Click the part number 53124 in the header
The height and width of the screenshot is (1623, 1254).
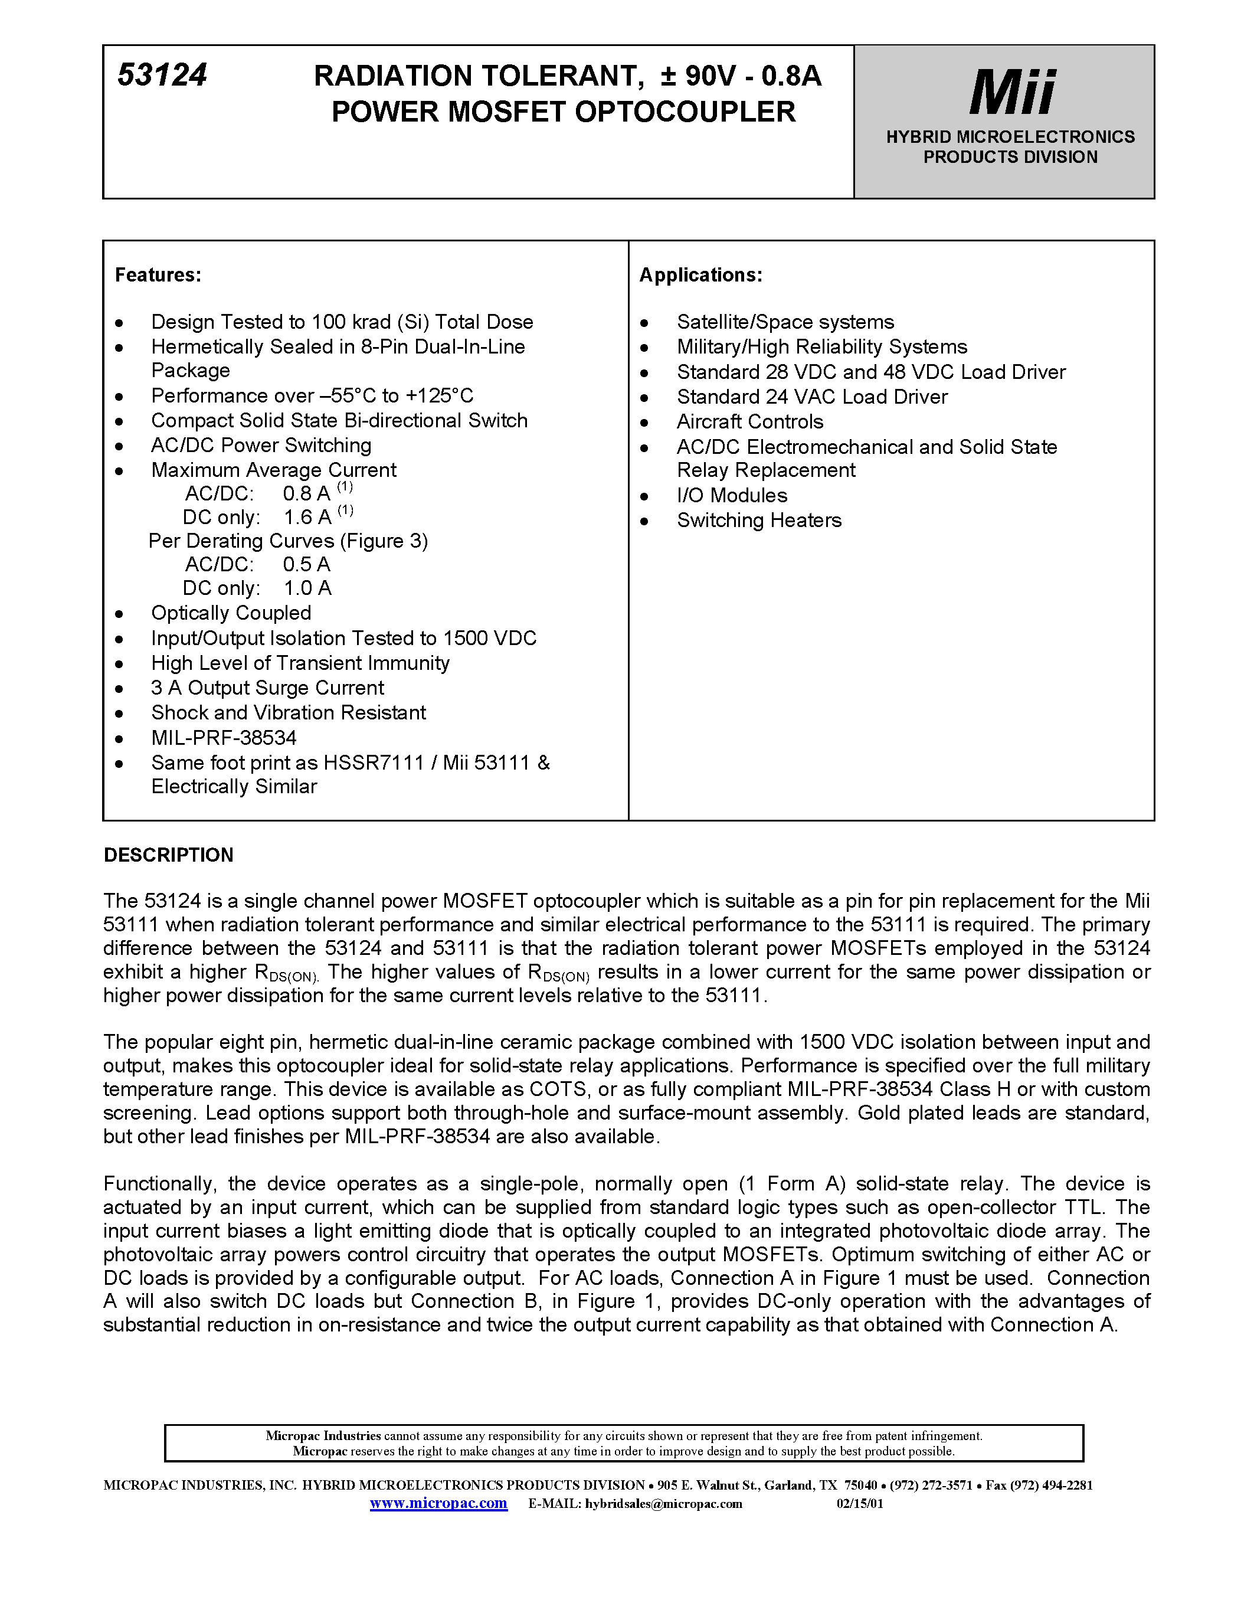pos(162,75)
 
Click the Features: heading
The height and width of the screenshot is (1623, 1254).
pos(158,275)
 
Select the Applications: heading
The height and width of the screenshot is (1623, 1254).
pos(700,275)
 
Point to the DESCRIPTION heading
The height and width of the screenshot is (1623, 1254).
pos(169,855)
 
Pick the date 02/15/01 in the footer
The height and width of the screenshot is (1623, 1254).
pos(860,1504)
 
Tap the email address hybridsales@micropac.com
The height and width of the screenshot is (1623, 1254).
pos(663,1504)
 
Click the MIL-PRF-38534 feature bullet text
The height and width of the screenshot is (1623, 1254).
pos(224,738)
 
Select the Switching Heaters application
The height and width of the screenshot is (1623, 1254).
pos(758,520)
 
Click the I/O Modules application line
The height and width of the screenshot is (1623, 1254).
pos(732,496)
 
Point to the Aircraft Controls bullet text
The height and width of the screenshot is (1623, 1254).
pos(749,422)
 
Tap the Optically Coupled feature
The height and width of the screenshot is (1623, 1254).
pos(231,613)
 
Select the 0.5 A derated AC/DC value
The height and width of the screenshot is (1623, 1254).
pos(306,565)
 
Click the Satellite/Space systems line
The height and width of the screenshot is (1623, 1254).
pos(785,322)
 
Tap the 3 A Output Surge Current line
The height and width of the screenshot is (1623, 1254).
pos(267,688)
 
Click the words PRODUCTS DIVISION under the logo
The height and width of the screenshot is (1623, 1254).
pos(1010,158)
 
